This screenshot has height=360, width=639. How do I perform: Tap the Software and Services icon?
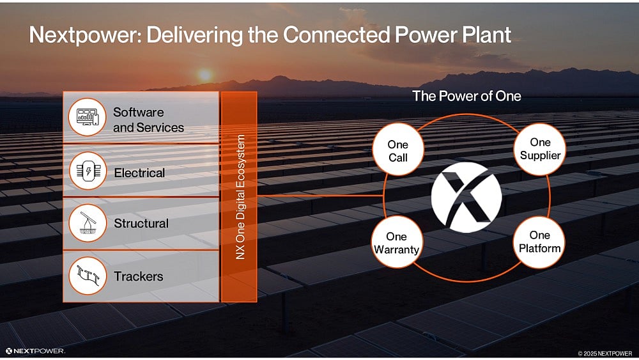87,117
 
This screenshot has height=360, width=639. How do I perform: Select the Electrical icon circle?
87,171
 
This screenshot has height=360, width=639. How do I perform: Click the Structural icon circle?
87,223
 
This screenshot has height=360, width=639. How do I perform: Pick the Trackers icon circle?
87,276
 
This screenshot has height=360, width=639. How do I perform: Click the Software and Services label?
148,120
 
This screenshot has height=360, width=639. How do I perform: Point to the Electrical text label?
139,173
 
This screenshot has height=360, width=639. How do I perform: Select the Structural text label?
141,224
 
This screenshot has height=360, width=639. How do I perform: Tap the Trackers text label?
138,276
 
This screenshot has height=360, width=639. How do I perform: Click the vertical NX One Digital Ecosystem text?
240,196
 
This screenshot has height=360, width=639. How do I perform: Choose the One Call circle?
397,152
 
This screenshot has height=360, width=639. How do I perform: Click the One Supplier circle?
540,149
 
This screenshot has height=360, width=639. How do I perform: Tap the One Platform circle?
540,242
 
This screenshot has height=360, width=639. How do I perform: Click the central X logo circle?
466,197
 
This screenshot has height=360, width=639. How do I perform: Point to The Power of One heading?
466,97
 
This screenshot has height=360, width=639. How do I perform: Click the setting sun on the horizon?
204,75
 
